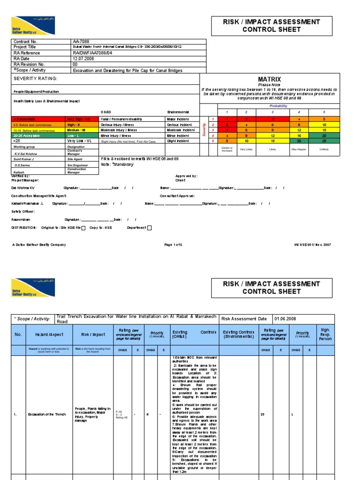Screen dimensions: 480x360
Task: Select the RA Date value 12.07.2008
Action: (x=83, y=59)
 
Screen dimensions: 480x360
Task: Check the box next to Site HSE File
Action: (x=83, y=228)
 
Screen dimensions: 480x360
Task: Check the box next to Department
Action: (x=150, y=228)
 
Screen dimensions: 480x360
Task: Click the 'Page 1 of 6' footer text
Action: (x=175, y=245)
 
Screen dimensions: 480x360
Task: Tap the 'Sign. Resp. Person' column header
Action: (x=325, y=335)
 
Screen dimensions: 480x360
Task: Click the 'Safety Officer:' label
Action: (x=22, y=211)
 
